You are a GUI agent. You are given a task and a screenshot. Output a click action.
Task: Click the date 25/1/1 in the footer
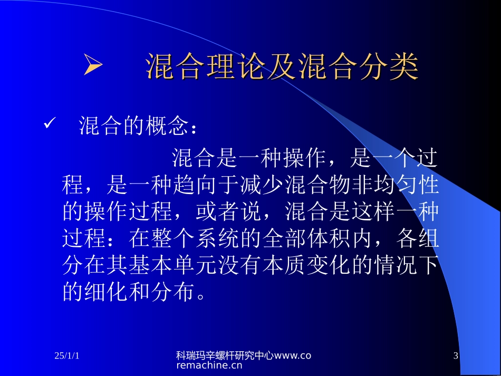[67, 356]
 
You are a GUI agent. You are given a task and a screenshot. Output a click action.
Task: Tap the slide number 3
[456, 356]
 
